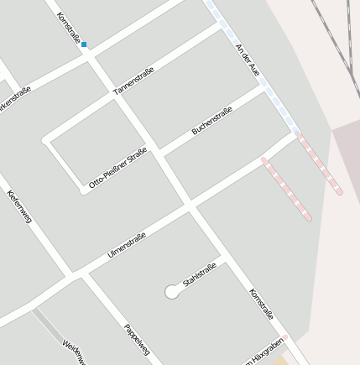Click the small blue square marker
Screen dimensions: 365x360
coord(84,44)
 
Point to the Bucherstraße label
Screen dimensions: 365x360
coord(211,121)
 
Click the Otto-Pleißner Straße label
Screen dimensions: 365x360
coord(117,168)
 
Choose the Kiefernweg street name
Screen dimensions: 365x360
coord(19,206)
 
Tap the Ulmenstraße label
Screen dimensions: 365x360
coord(127,245)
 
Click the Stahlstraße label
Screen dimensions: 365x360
coord(200,274)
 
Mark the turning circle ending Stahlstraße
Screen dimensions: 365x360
coord(172,292)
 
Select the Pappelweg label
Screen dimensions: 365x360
coord(137,339)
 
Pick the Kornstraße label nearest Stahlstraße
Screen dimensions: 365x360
coord(261,304)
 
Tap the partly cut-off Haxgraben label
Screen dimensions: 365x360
coord(263,353)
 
